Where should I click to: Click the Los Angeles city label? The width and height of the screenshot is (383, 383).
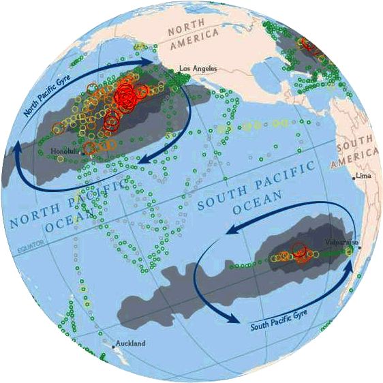click(x=198, y=69)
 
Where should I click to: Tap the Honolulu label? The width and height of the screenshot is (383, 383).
click(x=65, y=151)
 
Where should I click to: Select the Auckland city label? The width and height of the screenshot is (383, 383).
click(x=130, y=344)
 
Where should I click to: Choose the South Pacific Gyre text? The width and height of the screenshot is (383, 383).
click(x=279, y=318)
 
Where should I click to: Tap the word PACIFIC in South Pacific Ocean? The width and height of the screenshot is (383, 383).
click(x=283, y=176)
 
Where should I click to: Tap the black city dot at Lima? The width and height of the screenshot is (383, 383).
click(x=354, y=177)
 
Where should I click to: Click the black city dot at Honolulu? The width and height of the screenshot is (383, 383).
click(x=83, y=154)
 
